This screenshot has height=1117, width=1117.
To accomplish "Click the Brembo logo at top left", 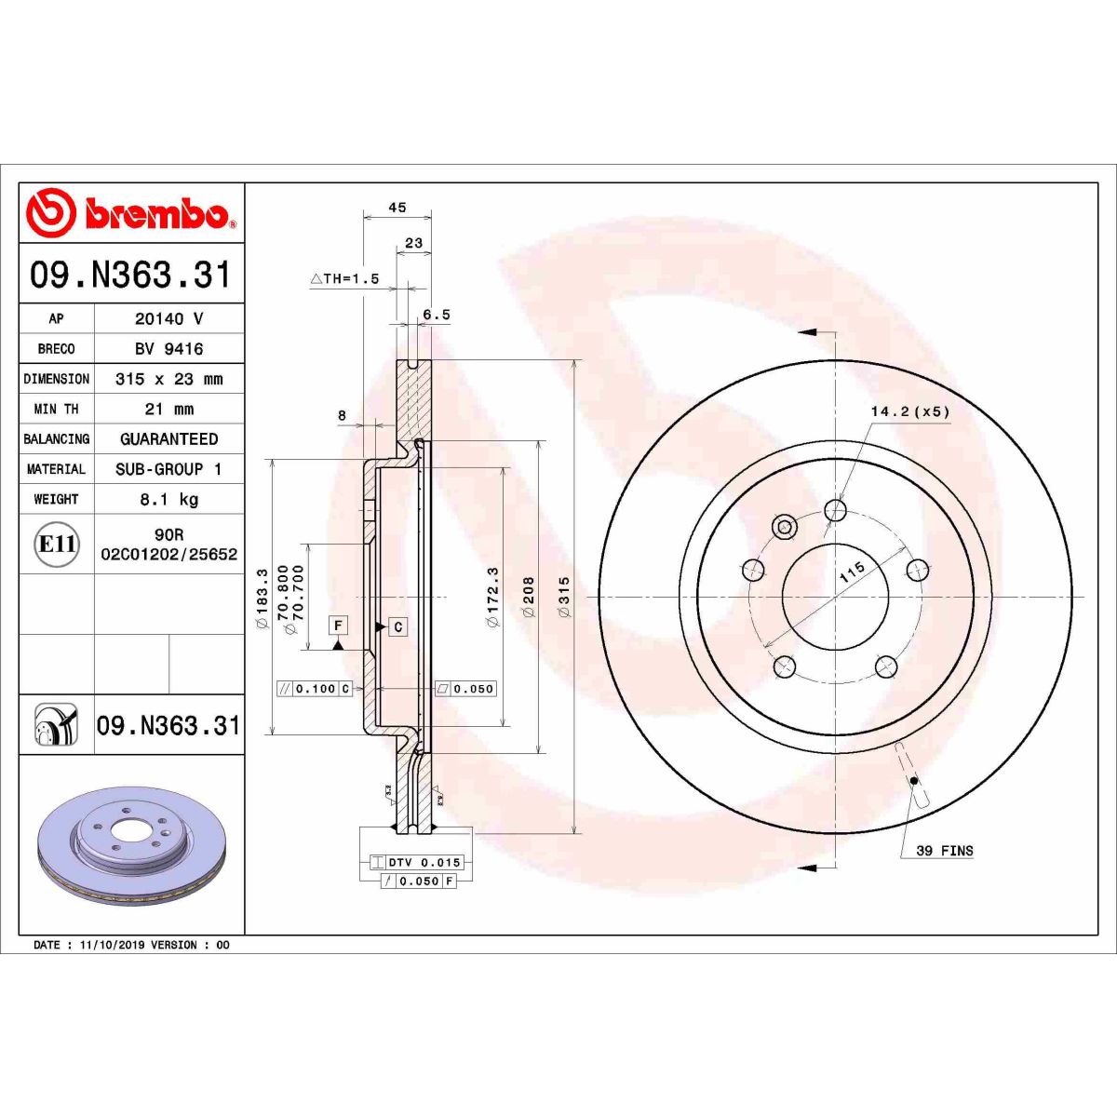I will point(130,213).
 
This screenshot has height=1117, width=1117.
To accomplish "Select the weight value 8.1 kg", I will point(168,500).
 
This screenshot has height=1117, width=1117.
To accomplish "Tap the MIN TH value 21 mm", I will point(168,410).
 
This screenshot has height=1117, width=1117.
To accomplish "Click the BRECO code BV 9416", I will point(168,349).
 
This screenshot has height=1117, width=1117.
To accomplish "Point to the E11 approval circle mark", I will point(57,545).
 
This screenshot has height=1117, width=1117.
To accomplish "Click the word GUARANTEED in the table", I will point(168,439).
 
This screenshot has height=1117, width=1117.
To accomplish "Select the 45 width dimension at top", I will point(397,209).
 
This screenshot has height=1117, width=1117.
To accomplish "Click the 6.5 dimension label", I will point(436,316).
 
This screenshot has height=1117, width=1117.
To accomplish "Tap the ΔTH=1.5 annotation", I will point(344,278).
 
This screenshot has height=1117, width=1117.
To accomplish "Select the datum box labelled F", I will point(338,626).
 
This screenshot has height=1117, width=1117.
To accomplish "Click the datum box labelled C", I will point(397,627).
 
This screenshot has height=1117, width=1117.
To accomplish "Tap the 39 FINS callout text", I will point(944,851).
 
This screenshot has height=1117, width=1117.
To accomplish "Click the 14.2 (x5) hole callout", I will point(909,411).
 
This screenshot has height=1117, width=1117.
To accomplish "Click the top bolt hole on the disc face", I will point(836,510).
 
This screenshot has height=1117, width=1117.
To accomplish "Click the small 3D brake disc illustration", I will point(133,847).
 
